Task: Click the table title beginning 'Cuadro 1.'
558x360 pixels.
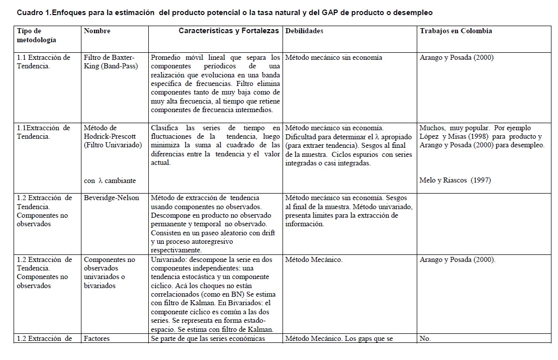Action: coord(225,12)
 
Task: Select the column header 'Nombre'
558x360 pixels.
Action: coord(97,31)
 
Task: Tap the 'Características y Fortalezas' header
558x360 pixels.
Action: coord(229,31)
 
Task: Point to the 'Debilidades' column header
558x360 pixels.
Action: coord(304,31)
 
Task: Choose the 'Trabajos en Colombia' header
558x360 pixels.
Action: coord(456,31)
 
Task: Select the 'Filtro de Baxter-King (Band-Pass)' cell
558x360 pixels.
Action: coord(109,62)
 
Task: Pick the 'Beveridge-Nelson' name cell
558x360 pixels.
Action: coord(111,198)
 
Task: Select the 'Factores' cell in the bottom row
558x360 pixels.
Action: coord(97,338)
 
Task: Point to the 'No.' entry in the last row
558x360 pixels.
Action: coord(425,338)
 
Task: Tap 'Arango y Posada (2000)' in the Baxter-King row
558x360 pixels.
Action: coord(456,57)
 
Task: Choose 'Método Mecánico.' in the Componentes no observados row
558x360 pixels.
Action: coord(314,259)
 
